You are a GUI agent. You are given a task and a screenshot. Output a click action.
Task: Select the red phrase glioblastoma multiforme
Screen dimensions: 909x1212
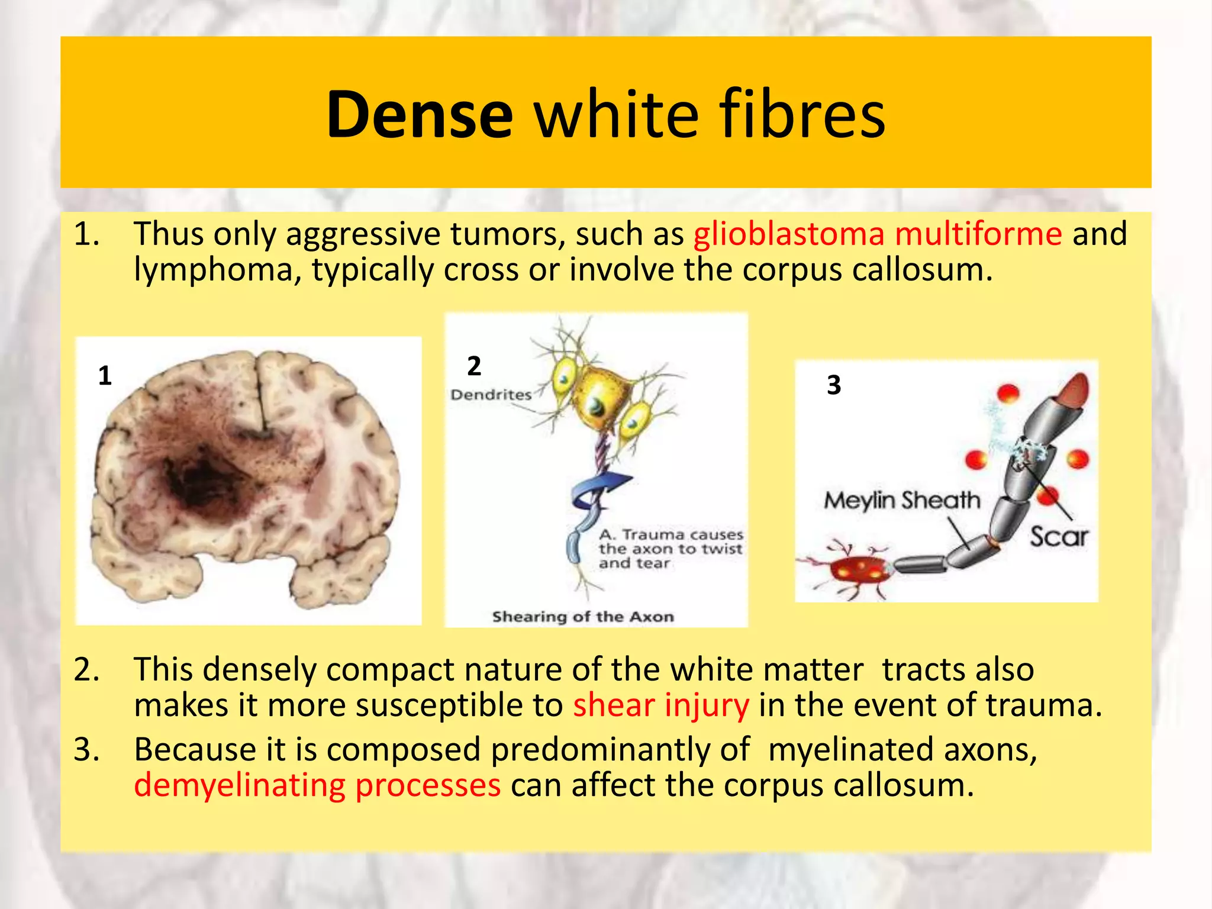pyautogui.click(x=878, y=234)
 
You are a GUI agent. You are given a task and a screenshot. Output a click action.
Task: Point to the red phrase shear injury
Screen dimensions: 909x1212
pyautogui.click(x=660, y=705)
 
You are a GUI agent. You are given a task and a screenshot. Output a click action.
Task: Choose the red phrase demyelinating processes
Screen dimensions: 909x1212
pyautogui.click(x=317, y=785)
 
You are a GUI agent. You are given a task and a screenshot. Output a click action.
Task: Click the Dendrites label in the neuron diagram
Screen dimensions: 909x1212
pyautogui.click(x=491, y=395)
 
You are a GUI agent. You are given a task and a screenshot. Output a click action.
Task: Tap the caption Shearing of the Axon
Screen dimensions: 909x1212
pyautogui.click(x=583, y=617)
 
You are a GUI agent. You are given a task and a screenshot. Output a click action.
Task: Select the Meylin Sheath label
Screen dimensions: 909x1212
pyautogui.click(x=902, y=501)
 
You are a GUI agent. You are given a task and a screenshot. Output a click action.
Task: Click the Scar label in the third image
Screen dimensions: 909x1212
pyautogui.click(x=1059, y=537)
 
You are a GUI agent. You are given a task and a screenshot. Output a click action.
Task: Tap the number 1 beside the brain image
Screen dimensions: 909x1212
pyautogui.click(x=105, y=376)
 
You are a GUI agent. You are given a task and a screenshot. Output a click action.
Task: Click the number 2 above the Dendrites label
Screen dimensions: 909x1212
pyautogui.click(x=473, y=366)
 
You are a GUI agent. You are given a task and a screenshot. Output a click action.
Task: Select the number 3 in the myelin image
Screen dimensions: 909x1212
pyautogui.click(x=834, y=385)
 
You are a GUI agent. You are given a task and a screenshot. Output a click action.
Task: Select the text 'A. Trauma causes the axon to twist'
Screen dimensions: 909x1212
pyautogui.click(x=670, y=542)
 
